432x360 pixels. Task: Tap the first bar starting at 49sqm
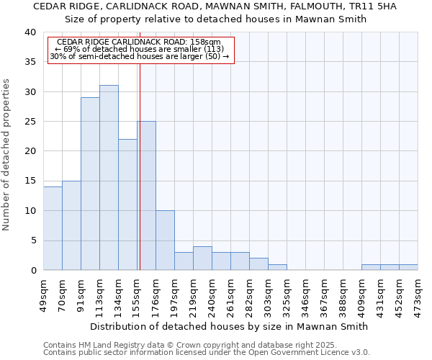coord(53,228)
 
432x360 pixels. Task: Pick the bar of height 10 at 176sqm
coord(165,240)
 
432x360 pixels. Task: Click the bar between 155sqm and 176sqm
coord(146,196)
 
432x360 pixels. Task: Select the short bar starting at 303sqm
coord(277,267)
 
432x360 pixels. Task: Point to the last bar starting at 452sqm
coord(408,267)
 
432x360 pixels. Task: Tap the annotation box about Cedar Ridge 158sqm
coord(141,50)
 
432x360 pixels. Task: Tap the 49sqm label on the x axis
coord(44,291)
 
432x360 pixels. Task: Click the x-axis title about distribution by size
coord(230,326)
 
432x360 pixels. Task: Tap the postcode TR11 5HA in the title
coord(368,6)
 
